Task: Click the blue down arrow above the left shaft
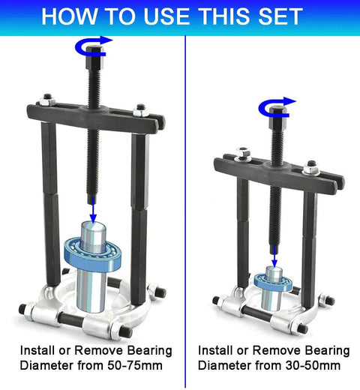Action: pos(92,214)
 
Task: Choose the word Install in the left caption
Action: pos(38,350)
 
